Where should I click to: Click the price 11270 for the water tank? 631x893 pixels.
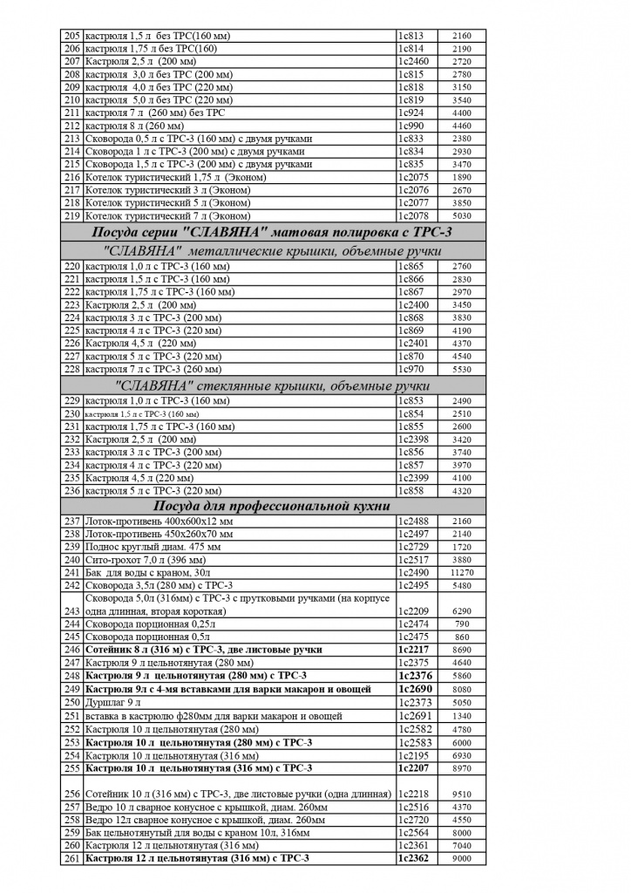tap(462, 572)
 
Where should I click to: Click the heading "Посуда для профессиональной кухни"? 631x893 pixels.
tap(271, 507)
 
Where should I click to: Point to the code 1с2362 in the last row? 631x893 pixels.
tap(414, 858)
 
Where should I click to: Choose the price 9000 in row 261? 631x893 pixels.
tap(462, 858)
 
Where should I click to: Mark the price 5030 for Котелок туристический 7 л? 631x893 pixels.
tap(462, 215)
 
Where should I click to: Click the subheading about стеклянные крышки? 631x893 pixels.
tap(271, 386)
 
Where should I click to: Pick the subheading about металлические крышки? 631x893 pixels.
tap(271, 251)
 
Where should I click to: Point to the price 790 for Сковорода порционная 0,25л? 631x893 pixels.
tap(462, 624)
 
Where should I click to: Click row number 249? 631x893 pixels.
tap(72, 689)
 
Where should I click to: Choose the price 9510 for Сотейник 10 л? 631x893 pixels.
tap(462, 794)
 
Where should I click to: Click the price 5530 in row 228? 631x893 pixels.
tap(462, 370)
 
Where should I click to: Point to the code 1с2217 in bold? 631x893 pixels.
tap(414, 650)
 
